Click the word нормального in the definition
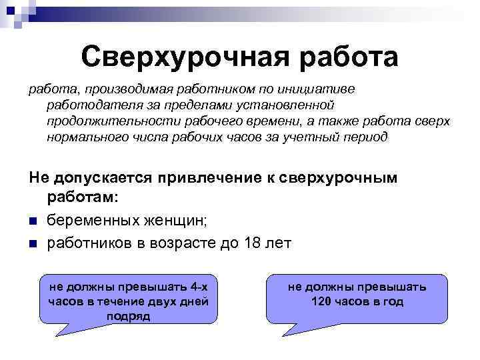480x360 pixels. click(x=85, y=137)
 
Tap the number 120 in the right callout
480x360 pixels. click(x=323, y=301)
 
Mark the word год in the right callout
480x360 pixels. click(x=394, y=301)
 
